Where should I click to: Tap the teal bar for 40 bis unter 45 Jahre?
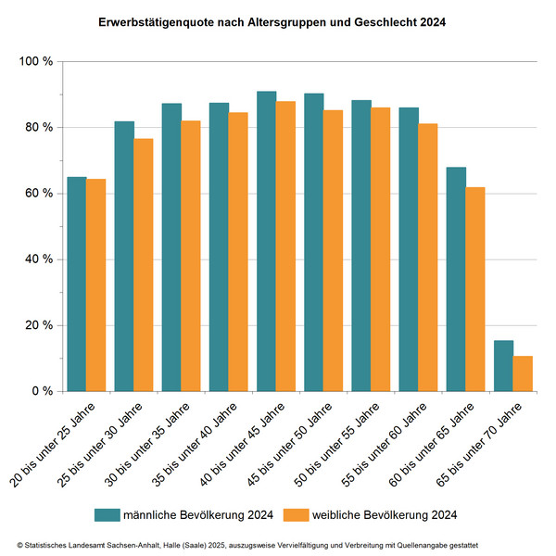click(266, 241)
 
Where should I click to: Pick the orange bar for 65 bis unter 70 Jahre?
click(523, 373)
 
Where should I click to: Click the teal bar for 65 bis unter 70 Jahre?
click(503, 366)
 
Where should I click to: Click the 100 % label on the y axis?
click(35, 61)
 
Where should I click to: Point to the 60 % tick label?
click(38, 194)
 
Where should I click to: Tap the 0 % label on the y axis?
click(42, 391)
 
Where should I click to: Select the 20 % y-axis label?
click(38, 325)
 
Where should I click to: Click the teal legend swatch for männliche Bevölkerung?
click(109, 513)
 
